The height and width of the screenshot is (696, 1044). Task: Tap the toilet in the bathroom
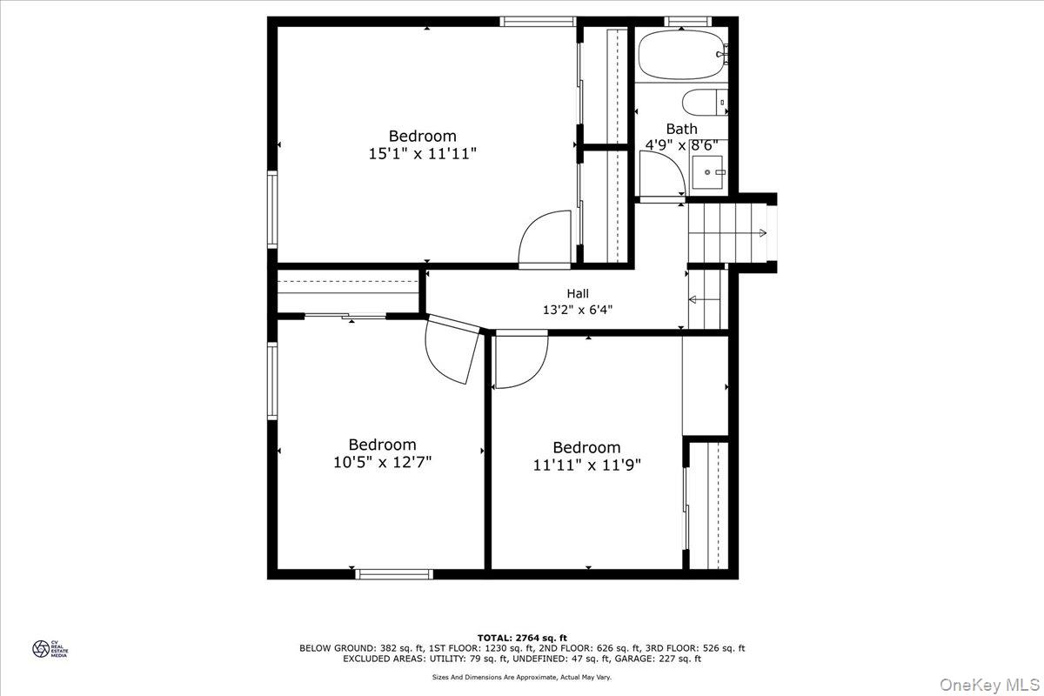pos(706,103)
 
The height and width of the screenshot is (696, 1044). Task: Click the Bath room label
pos(681,129)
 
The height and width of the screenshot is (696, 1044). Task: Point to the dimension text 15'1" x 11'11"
pos(422,154)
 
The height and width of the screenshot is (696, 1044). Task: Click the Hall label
pos(578,294)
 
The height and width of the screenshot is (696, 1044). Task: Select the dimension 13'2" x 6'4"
pos(578,309)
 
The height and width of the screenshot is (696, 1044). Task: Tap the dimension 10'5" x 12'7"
pos(382,462)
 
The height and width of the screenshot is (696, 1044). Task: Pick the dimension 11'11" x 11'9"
pos(586,465)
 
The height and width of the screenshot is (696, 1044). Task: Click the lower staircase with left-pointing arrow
pos(707,299)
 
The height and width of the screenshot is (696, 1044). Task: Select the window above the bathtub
pos(688,21)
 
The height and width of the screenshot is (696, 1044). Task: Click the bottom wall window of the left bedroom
pos(394,573)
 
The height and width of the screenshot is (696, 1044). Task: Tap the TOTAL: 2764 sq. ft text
pos(522,638)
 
